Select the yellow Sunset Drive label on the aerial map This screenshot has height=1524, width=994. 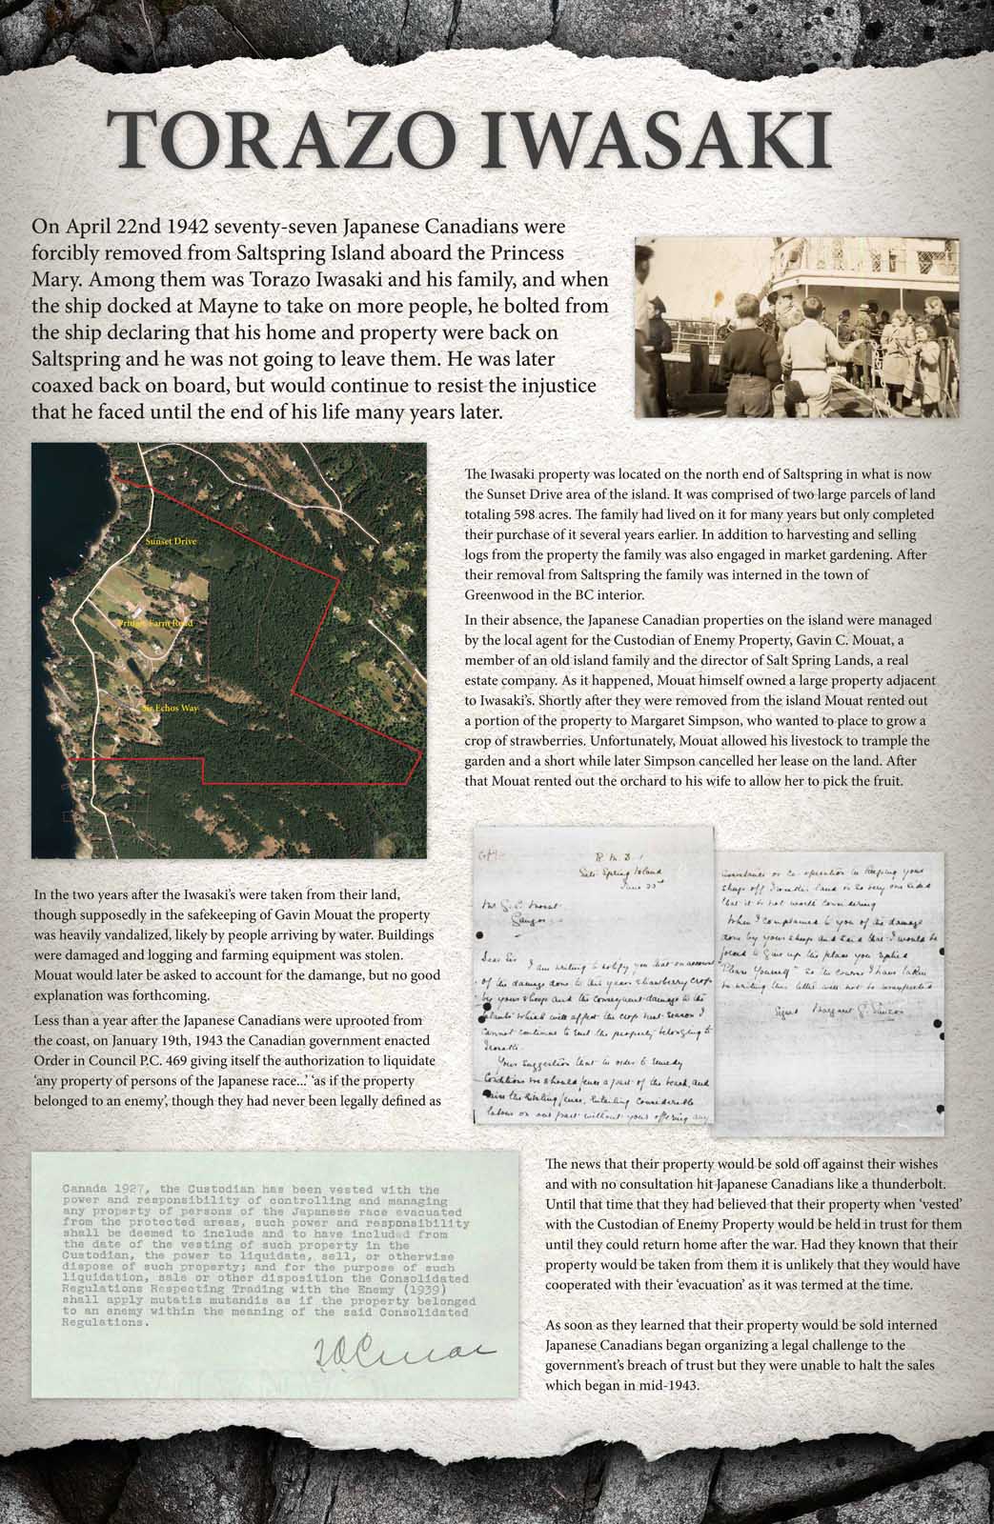point(172,542)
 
